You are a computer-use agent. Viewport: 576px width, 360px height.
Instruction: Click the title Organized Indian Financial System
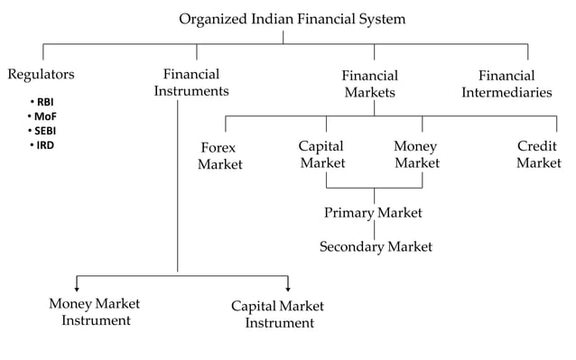292,19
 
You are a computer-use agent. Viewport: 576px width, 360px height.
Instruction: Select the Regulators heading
41,74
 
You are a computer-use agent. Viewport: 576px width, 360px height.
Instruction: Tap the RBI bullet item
43,102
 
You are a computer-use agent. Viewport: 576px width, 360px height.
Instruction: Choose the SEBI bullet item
43,131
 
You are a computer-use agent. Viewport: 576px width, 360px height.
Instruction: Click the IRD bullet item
43,144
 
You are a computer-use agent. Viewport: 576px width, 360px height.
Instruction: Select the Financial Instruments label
190,82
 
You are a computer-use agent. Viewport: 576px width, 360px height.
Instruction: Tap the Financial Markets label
369,84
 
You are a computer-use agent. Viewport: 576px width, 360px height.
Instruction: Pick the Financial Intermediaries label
506,84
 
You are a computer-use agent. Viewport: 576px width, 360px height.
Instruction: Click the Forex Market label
219,155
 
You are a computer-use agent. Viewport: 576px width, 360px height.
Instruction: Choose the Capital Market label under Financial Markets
321,154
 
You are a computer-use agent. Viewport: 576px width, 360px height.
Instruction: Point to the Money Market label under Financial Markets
416,154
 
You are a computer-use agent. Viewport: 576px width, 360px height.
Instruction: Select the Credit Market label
538,154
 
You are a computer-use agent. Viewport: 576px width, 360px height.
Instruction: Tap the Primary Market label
373,213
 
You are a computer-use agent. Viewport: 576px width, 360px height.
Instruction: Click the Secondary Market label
376,246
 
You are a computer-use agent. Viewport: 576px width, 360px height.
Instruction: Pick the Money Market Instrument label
95,311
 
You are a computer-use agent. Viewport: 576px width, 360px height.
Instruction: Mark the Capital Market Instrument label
278,314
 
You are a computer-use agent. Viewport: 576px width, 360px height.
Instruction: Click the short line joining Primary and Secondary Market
374,229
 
